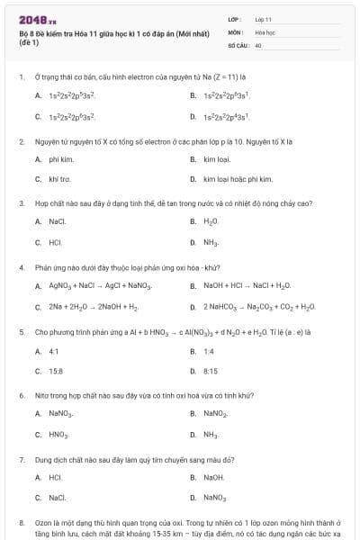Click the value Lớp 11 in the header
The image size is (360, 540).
[264, 19]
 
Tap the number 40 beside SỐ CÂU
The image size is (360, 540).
[258, 44]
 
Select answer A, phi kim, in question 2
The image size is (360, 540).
[58, 159]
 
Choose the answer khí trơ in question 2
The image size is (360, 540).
[58, 178]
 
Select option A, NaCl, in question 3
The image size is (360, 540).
[57, 221]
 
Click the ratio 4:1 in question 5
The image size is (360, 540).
[54, 351]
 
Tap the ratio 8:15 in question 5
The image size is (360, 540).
[211, 370]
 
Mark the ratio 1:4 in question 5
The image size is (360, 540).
[209, 351]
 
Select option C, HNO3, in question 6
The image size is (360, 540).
[59, 434]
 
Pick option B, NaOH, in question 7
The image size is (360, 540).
[213, 478]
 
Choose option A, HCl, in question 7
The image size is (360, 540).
[55, 478]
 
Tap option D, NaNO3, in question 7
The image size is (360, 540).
[215, 497]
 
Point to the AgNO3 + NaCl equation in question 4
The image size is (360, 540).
[99, 286]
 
